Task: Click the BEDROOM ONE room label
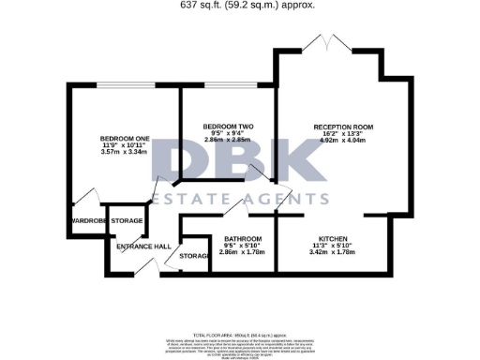[125, 135]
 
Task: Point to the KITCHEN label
[335, 238]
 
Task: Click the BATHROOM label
[229, 238]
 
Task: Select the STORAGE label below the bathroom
[194, 255]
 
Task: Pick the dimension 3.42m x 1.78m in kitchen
[335, 253]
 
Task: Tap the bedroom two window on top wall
[225, 86]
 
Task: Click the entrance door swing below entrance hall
[142, 268]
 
